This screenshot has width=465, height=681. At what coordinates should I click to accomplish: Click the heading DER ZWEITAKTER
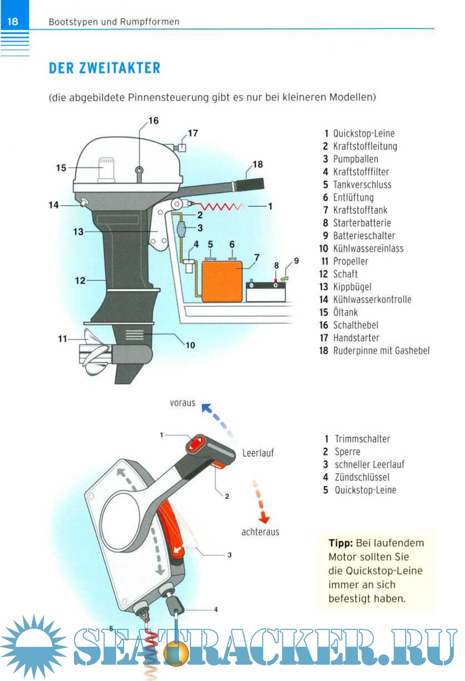click(x=105, y=68)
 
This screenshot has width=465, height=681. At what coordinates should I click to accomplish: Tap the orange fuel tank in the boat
click(x=222, y=281)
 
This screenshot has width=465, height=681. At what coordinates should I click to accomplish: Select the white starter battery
click(x=265, y=293)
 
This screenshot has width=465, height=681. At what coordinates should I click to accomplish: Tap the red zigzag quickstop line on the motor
click(x=220, y=207)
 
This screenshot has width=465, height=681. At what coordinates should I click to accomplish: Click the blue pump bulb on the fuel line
click(x=181, y=228)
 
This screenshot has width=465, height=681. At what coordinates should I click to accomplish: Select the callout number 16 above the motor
click(x=153, y=121)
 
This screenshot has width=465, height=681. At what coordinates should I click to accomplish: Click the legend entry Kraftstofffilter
click(x=361, y=172)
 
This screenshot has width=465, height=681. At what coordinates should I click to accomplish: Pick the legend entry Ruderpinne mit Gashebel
click(x=381, y=351)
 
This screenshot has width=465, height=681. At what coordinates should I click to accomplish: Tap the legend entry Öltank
click(x=345, y=312)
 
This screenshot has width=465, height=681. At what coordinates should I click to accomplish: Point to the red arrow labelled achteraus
click(x=260, y=502)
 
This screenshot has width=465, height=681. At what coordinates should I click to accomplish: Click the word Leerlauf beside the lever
click(x=258, y=453)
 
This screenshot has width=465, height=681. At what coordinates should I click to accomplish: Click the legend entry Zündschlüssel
click(x=362, y=478)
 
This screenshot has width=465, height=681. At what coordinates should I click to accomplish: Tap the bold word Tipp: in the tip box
click(x=341, y=543)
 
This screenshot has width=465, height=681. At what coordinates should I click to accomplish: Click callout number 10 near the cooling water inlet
click(x=190, y=345)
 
